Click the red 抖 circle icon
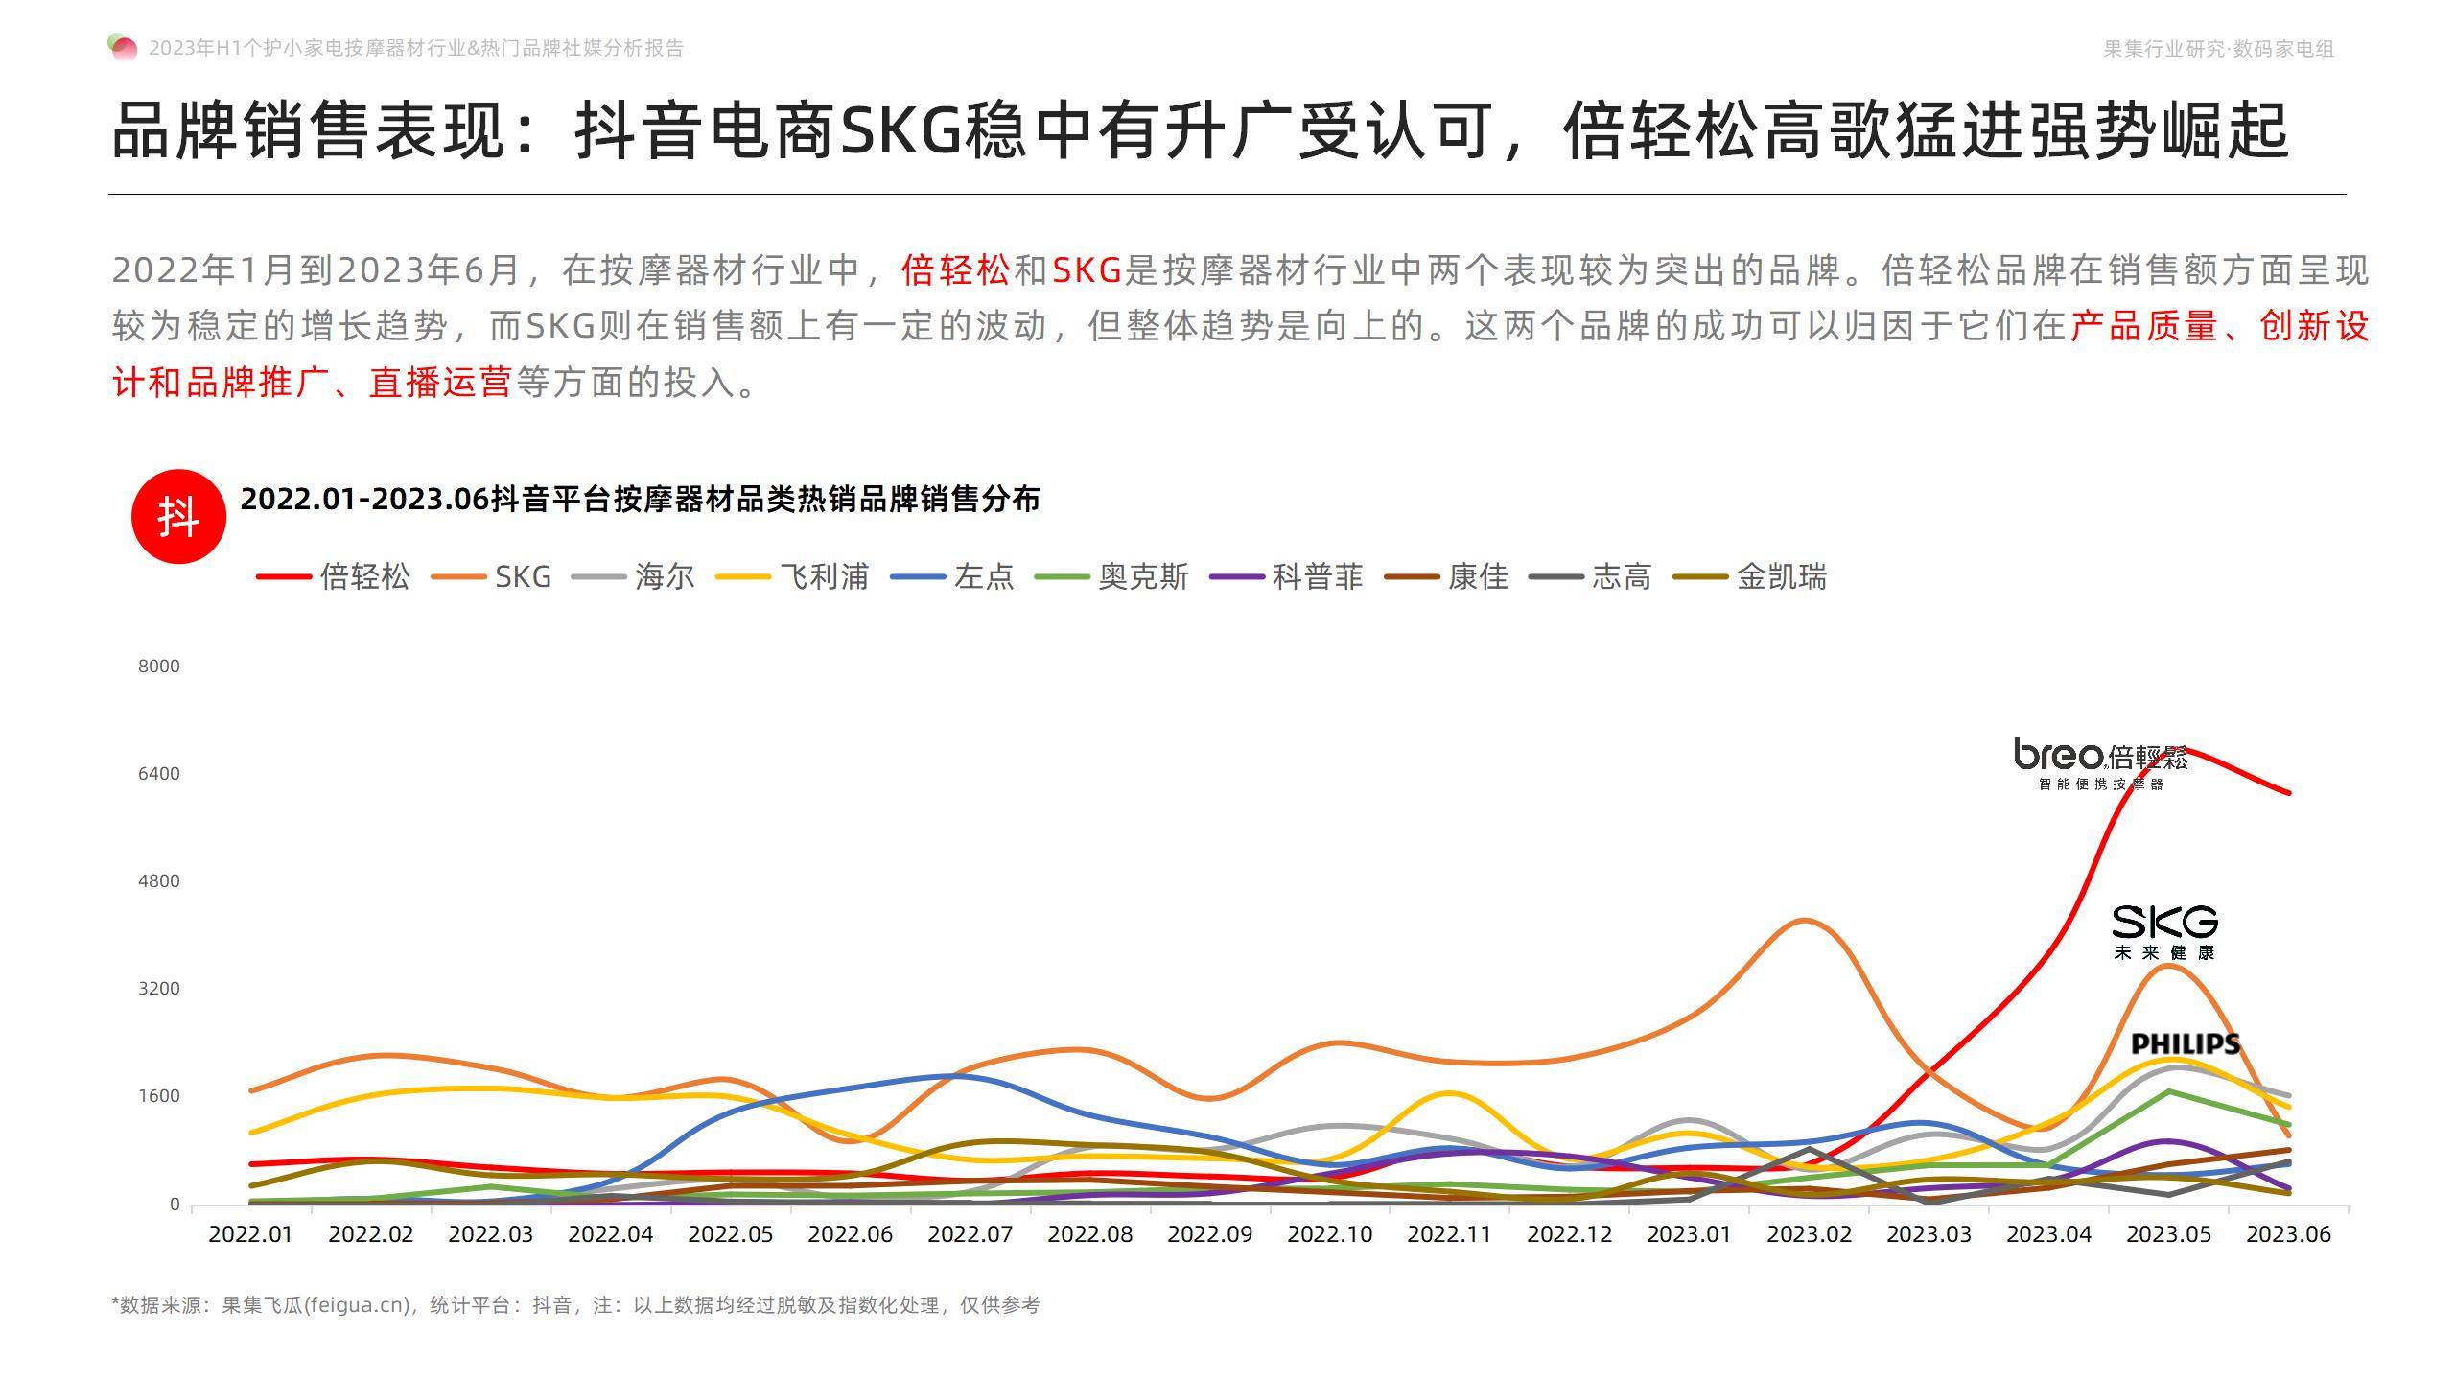178,516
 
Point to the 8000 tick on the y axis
159,666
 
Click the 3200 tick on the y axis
159,988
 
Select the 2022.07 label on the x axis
970,1234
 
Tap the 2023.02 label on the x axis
1809,1234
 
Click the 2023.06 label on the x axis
2288,1234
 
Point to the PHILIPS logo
2186,1043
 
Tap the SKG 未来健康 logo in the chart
2164,931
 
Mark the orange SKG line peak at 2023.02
1805,921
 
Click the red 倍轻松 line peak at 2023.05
2169,748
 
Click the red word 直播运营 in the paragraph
440,383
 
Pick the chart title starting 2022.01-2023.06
640,499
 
